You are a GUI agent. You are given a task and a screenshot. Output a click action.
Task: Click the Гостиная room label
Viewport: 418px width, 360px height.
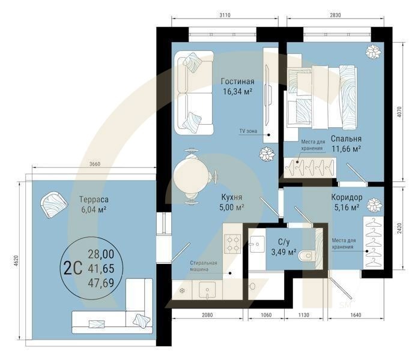coord(237,81)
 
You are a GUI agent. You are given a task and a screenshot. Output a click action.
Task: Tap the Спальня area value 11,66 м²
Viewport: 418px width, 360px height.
coord(347,149)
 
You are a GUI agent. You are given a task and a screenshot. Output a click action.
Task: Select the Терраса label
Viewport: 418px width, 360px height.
coord(94,199)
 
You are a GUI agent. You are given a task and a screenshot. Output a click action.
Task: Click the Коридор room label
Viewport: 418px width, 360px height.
coord(347,197)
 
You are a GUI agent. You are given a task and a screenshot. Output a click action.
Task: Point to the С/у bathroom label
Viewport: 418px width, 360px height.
coord(283,242)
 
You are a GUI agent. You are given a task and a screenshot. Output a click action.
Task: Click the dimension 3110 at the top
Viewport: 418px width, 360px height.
coord(225,15)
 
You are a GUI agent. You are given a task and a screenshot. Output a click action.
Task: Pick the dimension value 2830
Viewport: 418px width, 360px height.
coord(335,15)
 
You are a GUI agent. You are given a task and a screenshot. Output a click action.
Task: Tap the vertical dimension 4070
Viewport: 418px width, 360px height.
coord(399,112)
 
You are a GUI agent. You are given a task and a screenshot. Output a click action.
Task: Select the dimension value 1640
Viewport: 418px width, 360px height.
coord(356,315)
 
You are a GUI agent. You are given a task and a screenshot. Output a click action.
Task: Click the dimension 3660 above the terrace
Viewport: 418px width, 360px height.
coord(95,164)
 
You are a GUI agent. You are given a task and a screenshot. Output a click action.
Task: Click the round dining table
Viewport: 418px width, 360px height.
coord(191,176)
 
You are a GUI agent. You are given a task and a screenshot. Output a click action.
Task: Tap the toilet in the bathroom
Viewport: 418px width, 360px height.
coord(306,256)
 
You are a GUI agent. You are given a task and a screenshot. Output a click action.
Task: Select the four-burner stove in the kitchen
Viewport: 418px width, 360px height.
coord(233,244)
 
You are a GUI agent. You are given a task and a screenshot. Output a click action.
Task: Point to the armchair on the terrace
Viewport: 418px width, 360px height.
coord(54,205)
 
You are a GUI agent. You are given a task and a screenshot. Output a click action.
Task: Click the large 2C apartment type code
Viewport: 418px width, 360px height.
coord(73,268)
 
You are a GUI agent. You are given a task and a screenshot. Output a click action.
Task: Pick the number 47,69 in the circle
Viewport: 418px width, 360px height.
coord(101,283)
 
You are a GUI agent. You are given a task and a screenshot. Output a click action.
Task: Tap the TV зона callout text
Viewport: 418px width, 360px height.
coord(248,131)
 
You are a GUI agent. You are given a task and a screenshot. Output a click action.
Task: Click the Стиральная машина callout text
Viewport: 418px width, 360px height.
coord(204,266)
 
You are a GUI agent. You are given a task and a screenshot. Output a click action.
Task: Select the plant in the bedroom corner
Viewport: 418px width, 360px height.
coord(373,52)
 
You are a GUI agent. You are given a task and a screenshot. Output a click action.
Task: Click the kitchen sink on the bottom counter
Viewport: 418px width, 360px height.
coord(207,290)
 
